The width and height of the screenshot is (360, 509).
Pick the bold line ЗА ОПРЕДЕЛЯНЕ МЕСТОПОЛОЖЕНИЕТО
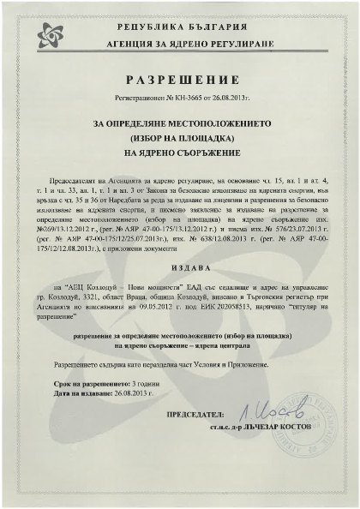pyautogui.click(x=180, y=124)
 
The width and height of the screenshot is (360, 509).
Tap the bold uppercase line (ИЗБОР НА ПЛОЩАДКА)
pyautogui.click(x=180, y=139)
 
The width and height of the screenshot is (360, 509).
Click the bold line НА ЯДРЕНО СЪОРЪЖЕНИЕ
pyautogui.click(x=180, y=153)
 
